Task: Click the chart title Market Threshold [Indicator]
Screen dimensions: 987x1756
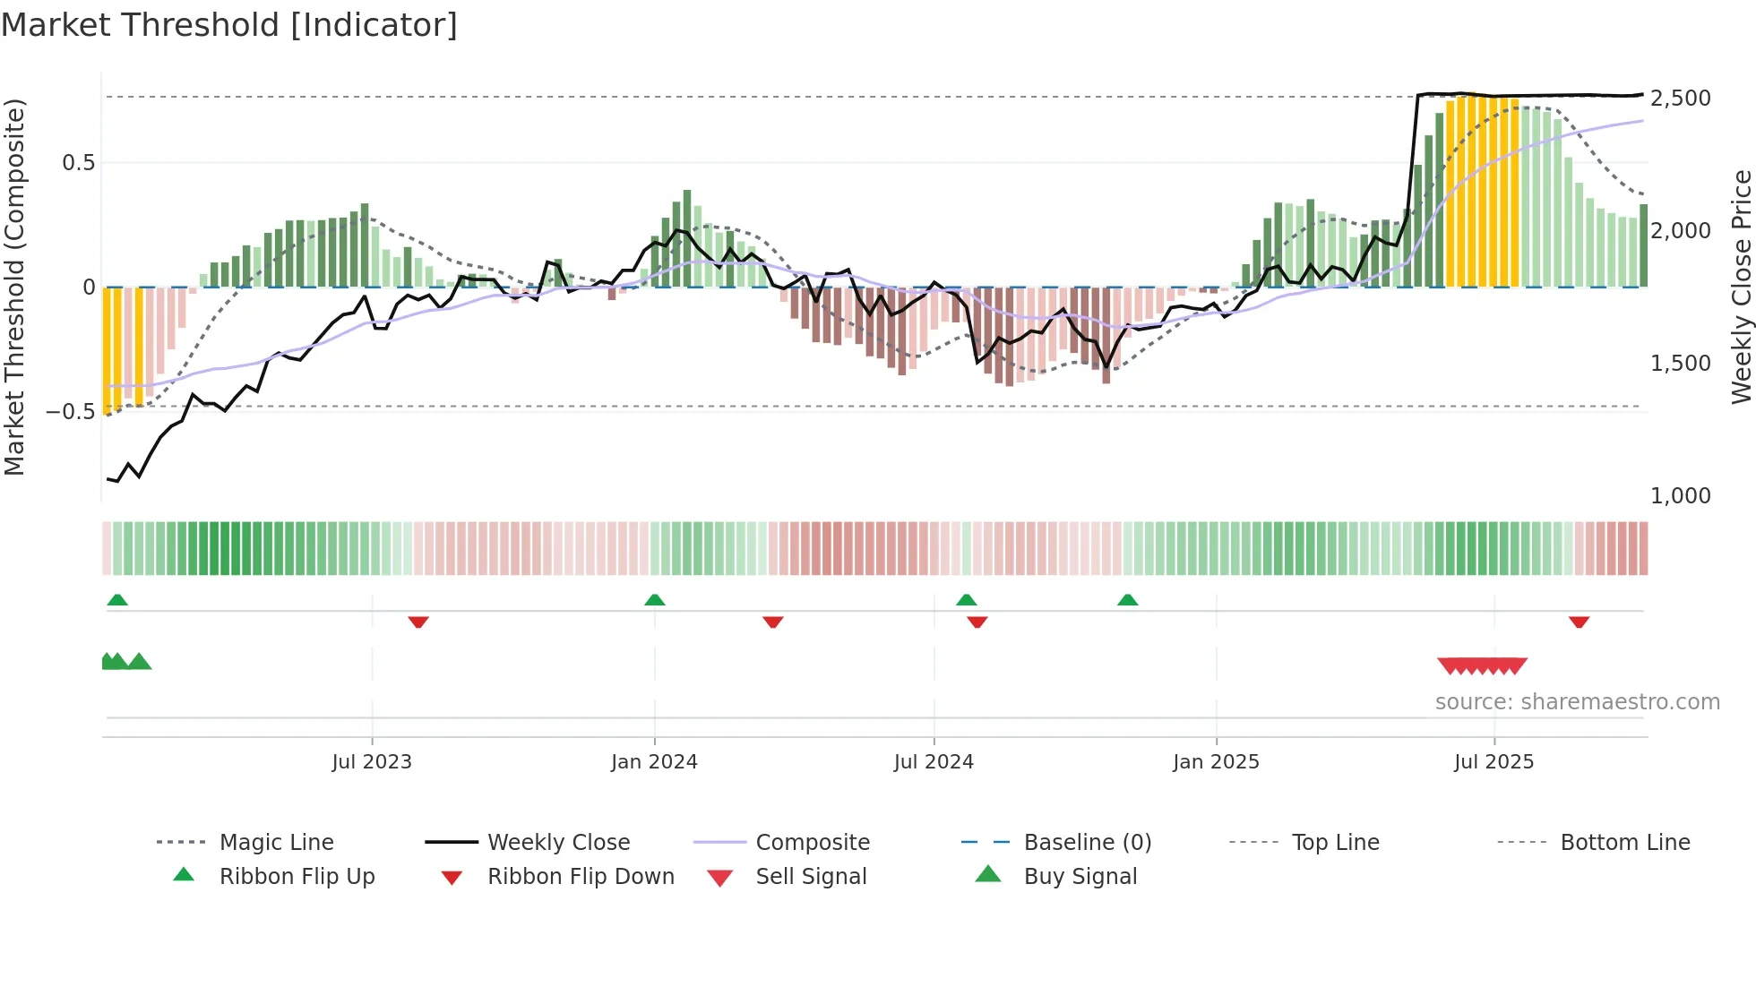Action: click(229, 25)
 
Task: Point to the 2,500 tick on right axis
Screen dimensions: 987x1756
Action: click(1680, 98)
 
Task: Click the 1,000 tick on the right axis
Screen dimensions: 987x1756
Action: click(1680, 495)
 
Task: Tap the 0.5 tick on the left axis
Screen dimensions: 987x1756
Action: click(78, 163)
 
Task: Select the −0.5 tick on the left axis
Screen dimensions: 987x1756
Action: click(71, 412)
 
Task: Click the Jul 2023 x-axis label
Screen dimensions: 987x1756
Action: click(372, 762)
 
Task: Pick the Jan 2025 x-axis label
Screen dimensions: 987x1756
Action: click(1216, 762)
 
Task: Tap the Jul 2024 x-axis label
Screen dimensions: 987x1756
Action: click(934, 762)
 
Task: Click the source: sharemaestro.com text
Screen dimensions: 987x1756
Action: click(1577, 702)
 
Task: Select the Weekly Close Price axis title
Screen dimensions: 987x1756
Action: click(1741, 287)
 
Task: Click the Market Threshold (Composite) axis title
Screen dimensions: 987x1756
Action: click(14, 287)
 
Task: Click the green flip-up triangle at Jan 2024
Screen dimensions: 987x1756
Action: click(655, 600)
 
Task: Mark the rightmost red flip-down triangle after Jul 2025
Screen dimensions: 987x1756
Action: click(1579, 622)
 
